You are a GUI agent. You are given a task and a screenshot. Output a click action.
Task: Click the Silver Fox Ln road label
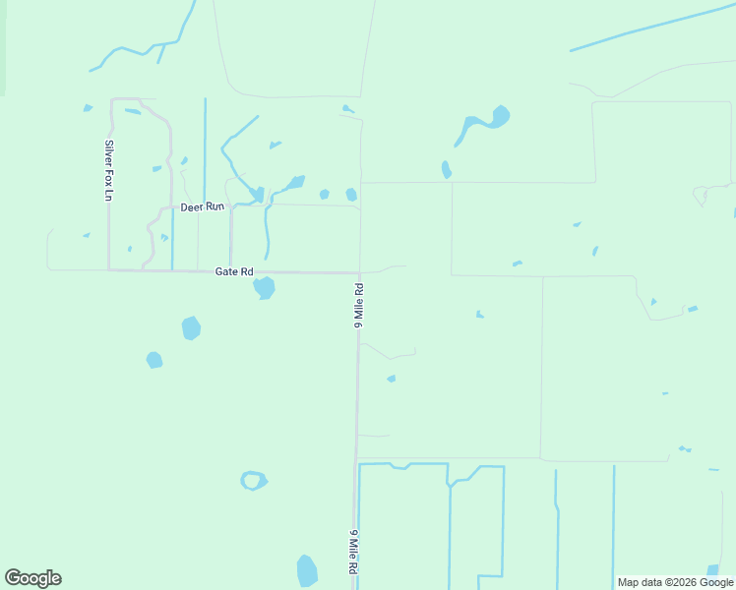109,171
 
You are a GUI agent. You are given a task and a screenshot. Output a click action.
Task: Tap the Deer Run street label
203,206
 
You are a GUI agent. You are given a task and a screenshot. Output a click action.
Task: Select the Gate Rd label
234,271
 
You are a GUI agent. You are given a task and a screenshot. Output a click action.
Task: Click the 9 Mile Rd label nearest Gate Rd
359,306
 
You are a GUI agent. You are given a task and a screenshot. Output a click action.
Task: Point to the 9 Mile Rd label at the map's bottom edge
352,555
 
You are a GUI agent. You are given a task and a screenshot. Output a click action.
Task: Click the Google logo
32,578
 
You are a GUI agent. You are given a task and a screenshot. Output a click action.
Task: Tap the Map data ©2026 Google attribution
675,582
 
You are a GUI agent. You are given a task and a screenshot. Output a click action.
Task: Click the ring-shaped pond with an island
254,481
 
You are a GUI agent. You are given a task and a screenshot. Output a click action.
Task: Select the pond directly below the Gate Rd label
264,287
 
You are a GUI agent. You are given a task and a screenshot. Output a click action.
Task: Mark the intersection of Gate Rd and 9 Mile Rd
359,272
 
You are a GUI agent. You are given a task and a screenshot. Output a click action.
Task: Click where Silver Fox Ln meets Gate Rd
109,269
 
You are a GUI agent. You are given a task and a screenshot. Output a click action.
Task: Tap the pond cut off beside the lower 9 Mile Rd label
307,570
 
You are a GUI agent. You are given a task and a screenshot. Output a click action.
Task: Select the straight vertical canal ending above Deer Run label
205,147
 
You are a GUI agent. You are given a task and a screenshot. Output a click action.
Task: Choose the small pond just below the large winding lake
447,169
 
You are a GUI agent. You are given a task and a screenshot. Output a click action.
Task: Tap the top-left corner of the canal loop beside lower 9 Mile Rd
360,464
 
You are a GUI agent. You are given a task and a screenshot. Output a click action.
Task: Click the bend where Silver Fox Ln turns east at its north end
111,99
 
